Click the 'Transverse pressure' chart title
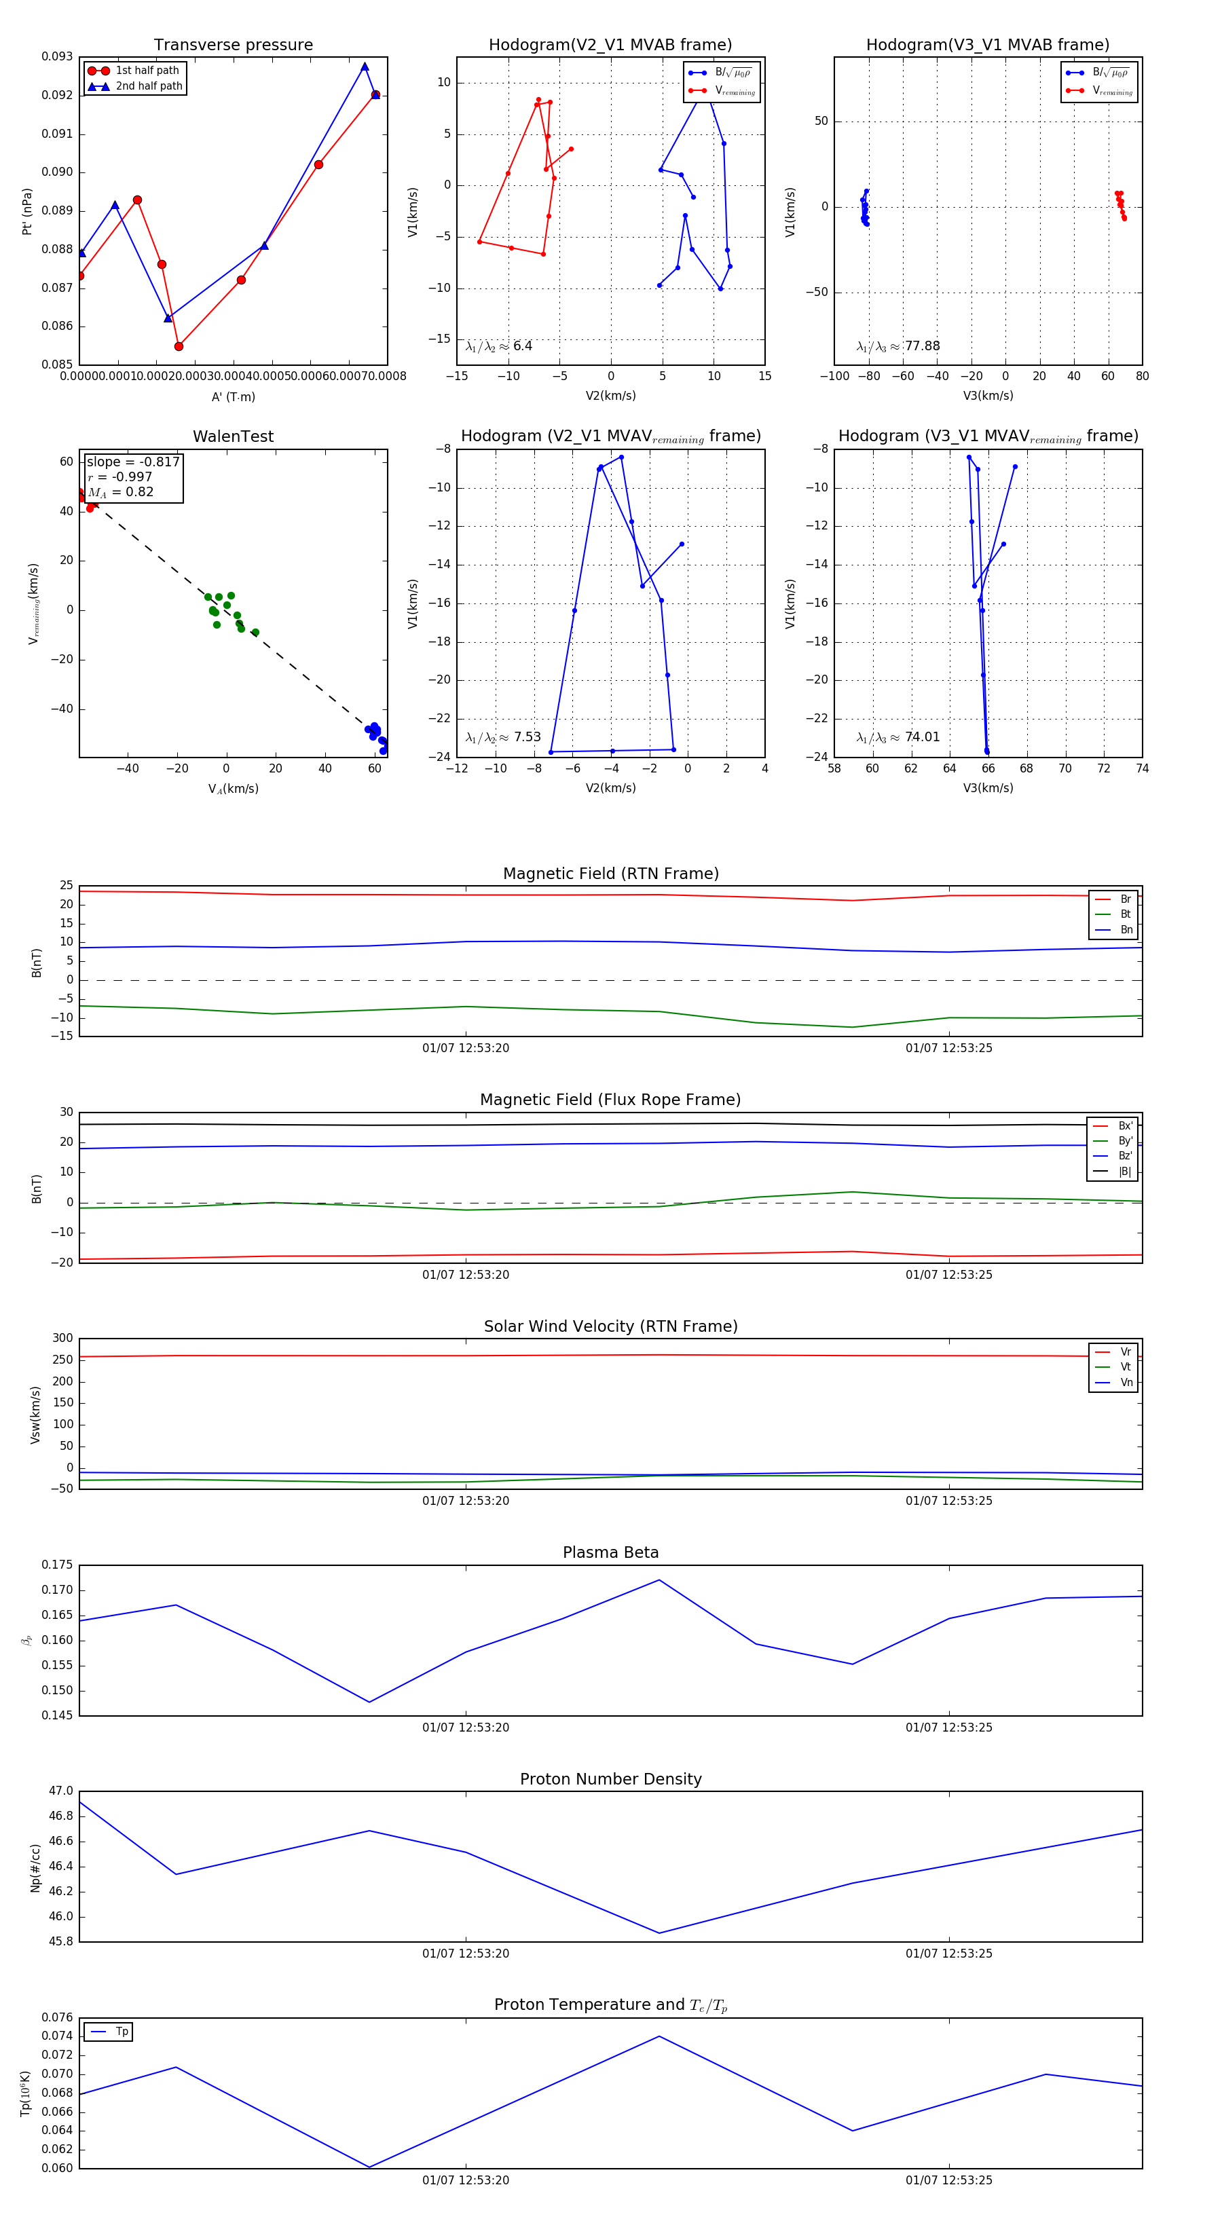point(233,45)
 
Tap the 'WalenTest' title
point(233,436)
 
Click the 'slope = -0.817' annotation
point(133,462)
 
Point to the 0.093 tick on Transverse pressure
point(58,56)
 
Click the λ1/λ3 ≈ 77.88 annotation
point(897,346)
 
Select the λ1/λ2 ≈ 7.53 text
point(502,737)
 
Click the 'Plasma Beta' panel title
point(610,1553)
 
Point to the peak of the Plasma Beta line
point(659,1580)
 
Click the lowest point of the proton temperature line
point(369,2167)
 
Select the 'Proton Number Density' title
point(610,1779)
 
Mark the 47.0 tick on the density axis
point(62,1791)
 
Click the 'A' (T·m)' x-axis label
point(233,397)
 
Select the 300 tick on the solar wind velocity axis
point(62,1339)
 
